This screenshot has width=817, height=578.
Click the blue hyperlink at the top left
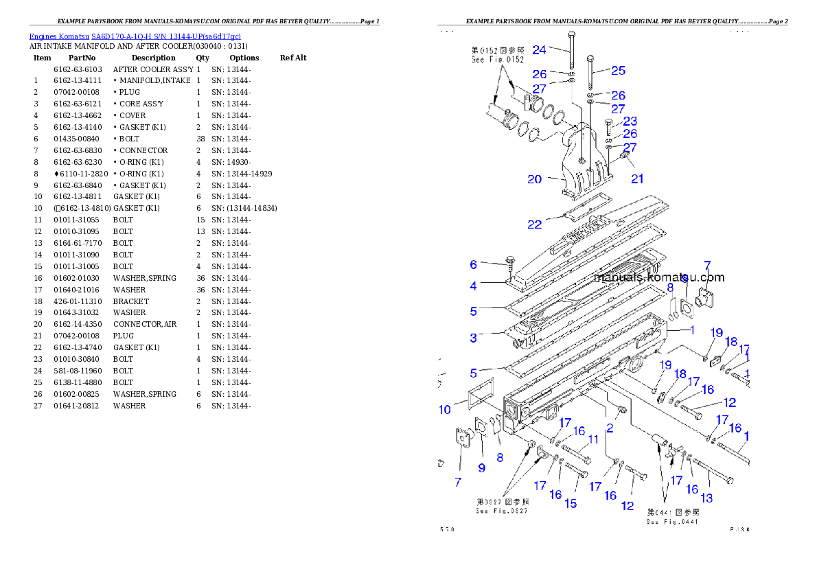(x=135, y=36)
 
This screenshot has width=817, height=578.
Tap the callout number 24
(x=539, y=49)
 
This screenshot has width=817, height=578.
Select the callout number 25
(x=619, y=70)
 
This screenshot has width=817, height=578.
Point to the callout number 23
(x=630, y=122)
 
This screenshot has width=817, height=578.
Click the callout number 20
(x=535, y=179)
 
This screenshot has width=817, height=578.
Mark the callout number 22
(x=535, y=224)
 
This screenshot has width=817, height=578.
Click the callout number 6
(x=473, y=265)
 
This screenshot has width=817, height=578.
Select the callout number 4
(x=474, y=286)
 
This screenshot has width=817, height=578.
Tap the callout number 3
(x=473, y=337)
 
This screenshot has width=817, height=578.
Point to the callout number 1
(x=692, y=330)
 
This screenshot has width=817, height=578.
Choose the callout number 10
(x=445, y=410)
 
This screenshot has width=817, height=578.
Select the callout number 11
(x=593, y=439)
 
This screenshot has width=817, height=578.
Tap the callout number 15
(x=571, y=504)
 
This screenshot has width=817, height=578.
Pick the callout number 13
(x=706, y=498)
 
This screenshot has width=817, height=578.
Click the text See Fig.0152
(x=498, y=60)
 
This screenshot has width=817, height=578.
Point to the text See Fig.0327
(x=502, y=511)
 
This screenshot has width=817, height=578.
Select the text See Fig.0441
(x=673, y=522)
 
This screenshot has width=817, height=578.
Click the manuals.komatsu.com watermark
(x=659, y=278)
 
